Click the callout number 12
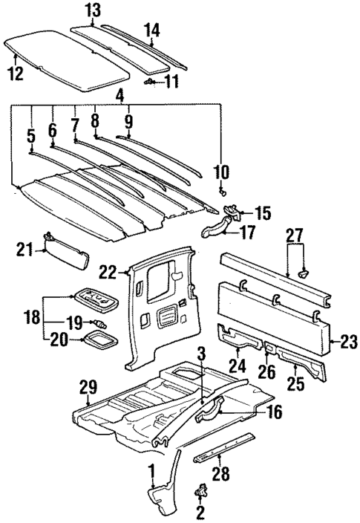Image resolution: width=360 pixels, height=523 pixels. pyautogui.click(x=15, y=72)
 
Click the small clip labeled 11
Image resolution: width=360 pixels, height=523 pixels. pyautogui.click(x=151, y=80)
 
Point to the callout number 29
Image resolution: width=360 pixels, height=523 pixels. pyautogui.click(x=88, y=389)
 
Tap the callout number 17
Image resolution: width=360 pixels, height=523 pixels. pyautogui.click(x=249, y=232)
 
